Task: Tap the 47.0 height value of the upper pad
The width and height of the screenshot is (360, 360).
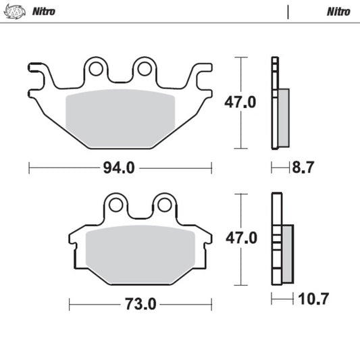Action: tap(240, 103)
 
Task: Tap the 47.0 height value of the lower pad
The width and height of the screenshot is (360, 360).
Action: tap(240, 238)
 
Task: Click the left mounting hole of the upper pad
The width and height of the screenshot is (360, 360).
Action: tap(95, 69)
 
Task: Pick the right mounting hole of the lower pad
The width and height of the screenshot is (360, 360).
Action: tap(163, 205)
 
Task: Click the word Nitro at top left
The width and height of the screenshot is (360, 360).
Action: tap(44, 11)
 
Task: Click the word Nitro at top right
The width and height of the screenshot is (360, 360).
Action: tap(338, 11)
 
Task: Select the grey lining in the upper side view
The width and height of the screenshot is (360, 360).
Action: tap(283, 116)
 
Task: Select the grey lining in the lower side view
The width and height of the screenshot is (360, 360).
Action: tap(287, 253)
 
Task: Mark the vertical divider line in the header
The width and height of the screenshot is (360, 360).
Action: tap(288, 11)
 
